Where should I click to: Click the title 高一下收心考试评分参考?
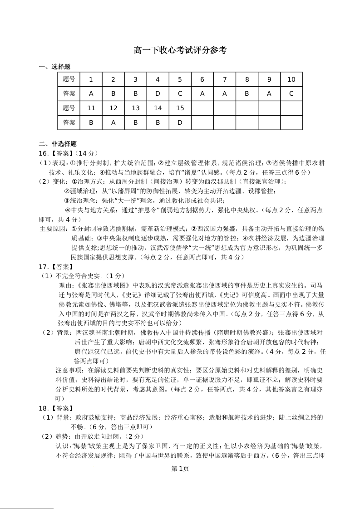point(180,50)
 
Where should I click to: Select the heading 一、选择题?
point(54,67)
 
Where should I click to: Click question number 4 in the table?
point(158,79)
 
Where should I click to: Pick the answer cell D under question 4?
point(158,94)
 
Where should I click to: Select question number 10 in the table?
point(291,79)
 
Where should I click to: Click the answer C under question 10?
point(291,94)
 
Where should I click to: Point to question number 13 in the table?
point(135,108)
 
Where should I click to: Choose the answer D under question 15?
point(180,122)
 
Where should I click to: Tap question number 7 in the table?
point(224,79)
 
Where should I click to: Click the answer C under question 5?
point(180,94)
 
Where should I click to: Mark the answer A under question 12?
point(113,122)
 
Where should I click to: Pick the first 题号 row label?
point(69,79)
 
